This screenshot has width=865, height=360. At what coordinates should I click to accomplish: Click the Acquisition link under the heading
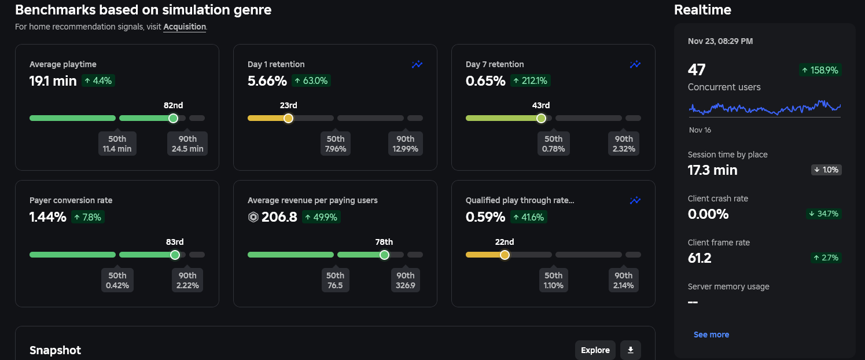point(185,27)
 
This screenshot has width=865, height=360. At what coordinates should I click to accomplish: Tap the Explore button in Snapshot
point(595,350)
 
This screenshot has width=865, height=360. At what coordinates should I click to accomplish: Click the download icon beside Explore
point(631,350)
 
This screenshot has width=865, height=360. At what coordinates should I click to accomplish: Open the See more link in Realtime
point(711,335)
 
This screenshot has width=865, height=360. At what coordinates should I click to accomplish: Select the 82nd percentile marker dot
point(173,118)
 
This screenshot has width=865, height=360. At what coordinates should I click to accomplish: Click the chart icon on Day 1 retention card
point(417,65)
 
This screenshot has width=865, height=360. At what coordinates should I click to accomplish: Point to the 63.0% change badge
point(311,81)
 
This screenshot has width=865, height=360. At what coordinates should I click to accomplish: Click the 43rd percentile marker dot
point(541,118)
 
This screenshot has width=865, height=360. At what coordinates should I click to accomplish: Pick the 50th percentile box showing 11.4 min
point(117,144)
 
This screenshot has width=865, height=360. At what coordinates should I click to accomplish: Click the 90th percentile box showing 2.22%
point(187,280)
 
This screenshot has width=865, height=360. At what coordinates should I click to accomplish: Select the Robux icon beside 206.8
point(253,217)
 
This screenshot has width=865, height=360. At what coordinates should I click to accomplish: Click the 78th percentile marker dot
point(384,255)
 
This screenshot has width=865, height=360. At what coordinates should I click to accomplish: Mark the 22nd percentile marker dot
point(505,255)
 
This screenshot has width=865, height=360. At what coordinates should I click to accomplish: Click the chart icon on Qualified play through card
point(635,201)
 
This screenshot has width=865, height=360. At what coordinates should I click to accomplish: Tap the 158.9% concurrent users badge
point(820,70)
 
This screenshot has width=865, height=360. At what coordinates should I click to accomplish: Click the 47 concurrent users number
point(697,70)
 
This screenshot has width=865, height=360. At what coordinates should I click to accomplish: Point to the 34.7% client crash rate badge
point(824,214)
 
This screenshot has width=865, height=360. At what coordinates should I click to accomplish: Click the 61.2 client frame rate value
point(700,258)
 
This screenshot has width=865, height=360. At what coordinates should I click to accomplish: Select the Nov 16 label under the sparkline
point(700,130)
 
